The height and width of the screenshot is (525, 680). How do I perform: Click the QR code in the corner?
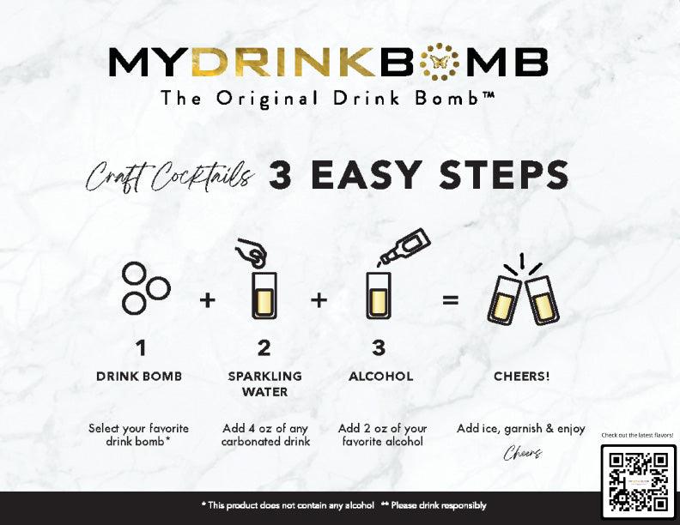tap(639, 482)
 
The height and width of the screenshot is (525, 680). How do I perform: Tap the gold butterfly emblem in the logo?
tap(440, 62)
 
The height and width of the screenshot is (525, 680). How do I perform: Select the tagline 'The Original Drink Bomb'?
tap(327, 98)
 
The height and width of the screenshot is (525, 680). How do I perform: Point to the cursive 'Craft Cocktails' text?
tap(169, 177)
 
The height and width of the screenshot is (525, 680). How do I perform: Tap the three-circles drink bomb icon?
tap(146, 287)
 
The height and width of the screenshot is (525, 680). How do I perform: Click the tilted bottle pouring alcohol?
tap(405, 246)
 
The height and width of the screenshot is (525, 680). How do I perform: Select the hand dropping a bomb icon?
tap(251, 250)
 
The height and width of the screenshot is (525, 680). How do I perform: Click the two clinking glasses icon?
tap(523, 291)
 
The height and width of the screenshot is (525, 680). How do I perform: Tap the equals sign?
tap(450, 299)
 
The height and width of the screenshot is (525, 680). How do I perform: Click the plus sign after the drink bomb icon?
tap(208, 299)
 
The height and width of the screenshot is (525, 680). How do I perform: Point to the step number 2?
tap(264, 348)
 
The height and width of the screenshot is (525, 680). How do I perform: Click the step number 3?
tap(379, 348)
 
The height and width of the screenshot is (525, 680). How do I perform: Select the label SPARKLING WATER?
tap(265, 383)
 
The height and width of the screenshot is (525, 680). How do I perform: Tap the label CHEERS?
tap(522, 377)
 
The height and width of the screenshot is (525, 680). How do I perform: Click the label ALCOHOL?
tap(380, 377)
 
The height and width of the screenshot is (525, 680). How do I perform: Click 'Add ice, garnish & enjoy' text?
tap(521, 429)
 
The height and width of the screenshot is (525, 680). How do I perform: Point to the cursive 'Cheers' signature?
tap(523, 453)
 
